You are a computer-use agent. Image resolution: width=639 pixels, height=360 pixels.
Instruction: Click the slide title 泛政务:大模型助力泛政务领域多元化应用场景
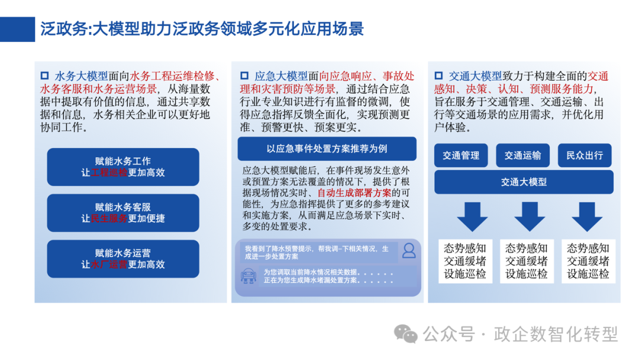pyautogui.click(x=201, y=28)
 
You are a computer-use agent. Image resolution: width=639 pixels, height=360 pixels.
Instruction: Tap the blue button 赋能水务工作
pyautogui.click(x=123, y=167)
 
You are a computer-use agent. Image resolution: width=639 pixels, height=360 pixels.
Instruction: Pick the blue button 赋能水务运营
pyautogui.click(x=123, y=258)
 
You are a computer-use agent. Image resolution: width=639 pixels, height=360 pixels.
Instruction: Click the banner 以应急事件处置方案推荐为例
pyautogui.click(x=327, y=148)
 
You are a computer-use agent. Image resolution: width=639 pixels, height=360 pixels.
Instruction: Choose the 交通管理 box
pyautogui.click(x=461, y=155)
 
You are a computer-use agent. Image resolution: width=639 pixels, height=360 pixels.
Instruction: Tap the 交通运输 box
pyautogui.click(x=522, y=155)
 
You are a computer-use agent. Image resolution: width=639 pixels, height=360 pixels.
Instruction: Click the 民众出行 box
pyautogui.click(x=585, y=155)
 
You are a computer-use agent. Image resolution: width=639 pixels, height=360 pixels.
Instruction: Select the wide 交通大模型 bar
pyautogui.click(x=523, y=182)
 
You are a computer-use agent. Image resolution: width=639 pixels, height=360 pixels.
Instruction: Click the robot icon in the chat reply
pyautogui.click(x=248, y=275)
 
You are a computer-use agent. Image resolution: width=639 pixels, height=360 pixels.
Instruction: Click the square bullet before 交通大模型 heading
pyautogui.click(x=438, y=76)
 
